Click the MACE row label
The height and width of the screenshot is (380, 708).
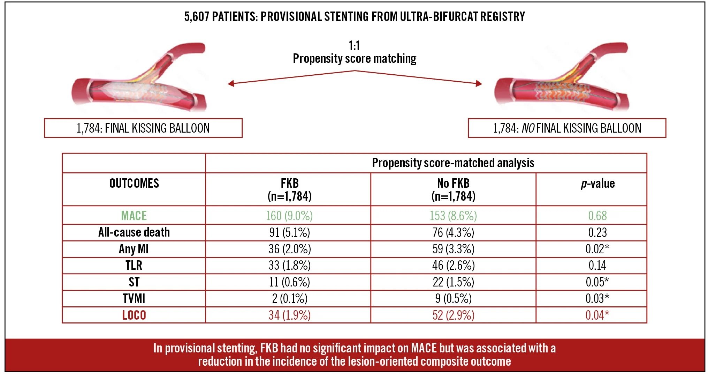(134, 216)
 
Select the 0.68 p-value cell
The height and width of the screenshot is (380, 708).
(597, 216)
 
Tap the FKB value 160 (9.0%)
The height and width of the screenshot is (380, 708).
(289, 216)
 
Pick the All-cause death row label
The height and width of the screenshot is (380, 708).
(134, 232)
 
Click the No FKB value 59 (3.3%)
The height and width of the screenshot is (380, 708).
(453, 249)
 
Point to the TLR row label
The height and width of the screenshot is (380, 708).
(134, 266)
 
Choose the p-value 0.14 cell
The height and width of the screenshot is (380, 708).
(597, 266)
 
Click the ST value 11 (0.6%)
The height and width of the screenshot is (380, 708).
(289, 282)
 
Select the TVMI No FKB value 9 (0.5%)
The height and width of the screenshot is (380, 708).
(453, 299)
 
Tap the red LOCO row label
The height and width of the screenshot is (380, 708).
(134, 315)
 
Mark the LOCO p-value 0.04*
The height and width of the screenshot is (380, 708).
(597, 315)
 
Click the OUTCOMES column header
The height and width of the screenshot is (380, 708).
(134, 184)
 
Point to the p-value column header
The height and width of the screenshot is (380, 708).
(597, 184)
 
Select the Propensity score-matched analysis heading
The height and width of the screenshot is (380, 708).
(453, 163)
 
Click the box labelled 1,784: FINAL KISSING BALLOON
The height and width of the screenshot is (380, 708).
(143, 128)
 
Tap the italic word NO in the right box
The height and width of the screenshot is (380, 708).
(528, 128)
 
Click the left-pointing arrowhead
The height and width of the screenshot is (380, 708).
(231, 83)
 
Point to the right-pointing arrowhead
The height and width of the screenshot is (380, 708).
(479, 83)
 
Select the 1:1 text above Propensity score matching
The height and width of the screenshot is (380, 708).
(354, 46)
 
